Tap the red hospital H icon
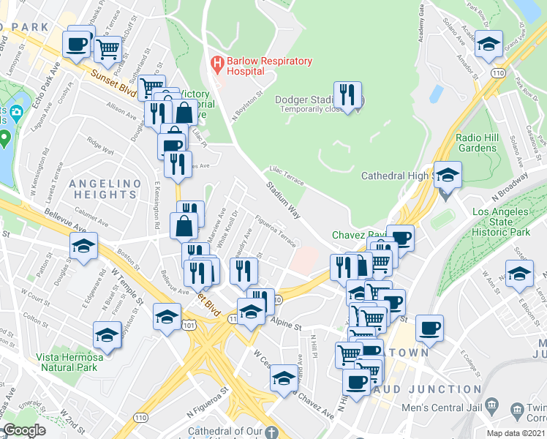(x=216, y=64)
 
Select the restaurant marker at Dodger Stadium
(x=347, y=94)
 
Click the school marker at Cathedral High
(x=448, y=176)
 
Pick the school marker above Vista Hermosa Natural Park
(x=107, y=335)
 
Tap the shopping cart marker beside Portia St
(x=107, y=48)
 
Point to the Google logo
(x=23, y=430)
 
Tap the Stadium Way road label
(x=283, y=200)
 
